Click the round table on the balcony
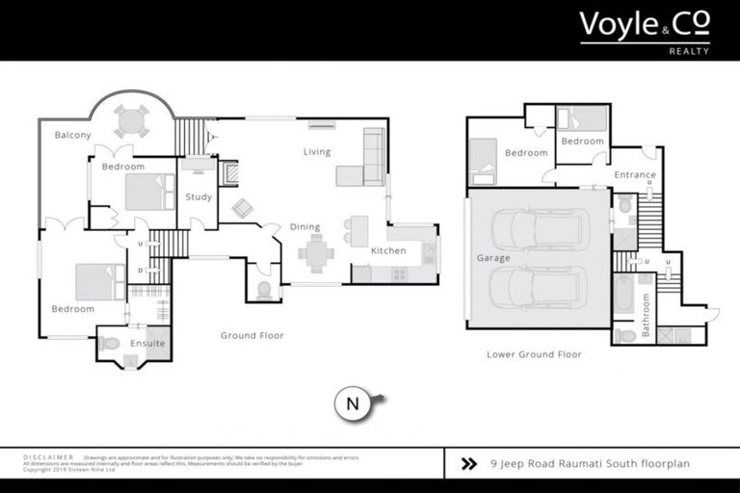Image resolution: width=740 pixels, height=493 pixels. click(x=131, y=119)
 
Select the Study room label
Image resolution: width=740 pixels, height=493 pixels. click(x=198, y=197)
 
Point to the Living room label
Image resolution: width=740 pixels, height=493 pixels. click(x=316, y=152)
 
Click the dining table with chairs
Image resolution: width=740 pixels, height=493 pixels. click(x=315, y=253)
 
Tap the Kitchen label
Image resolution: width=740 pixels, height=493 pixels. click(x=388, y=251)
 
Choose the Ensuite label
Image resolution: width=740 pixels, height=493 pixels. click(x=148, y=343)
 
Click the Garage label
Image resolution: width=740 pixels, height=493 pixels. click(x=492, y=258)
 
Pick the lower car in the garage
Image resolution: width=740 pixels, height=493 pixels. click(x=541, y=286)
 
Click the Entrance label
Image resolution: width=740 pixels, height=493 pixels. click(x=635, y=175)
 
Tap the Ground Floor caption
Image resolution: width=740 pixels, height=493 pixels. click(x=251, y=336)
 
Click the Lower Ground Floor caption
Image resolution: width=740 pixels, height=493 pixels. click(x=534, y=354)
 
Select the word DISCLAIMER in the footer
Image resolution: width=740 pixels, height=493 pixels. click(x=48, y=457)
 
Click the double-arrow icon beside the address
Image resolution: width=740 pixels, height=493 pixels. click(x=469, y=463)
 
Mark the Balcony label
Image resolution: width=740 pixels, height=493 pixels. click(x=72, y=135)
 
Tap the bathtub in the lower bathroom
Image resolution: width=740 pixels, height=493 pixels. click(x=624, y=295)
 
